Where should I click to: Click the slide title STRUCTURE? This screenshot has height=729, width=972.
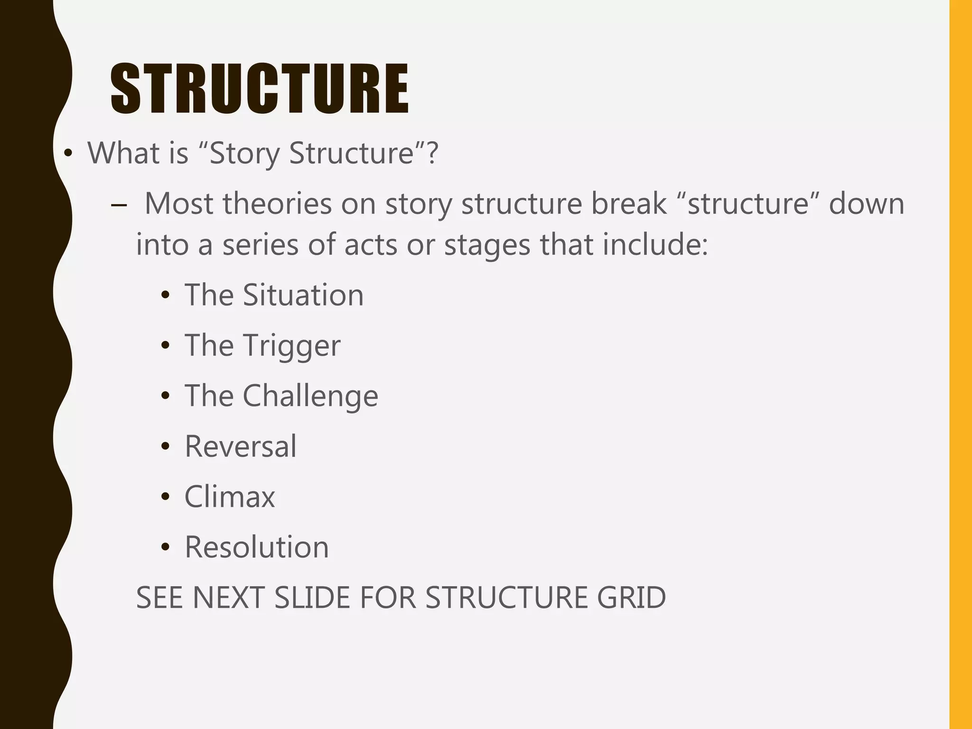pos(259,89)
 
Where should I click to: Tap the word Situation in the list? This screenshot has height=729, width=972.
pos(303,295)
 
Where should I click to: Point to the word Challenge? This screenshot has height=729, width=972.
pos(310,396)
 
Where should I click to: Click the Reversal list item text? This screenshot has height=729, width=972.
pos(241,446)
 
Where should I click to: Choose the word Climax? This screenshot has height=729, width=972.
pos(230,497)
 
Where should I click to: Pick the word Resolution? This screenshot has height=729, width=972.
pos(256,547)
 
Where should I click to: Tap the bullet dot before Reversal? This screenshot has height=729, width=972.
pos(165,447)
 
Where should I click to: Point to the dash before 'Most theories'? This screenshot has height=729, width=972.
pos(119,205)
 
